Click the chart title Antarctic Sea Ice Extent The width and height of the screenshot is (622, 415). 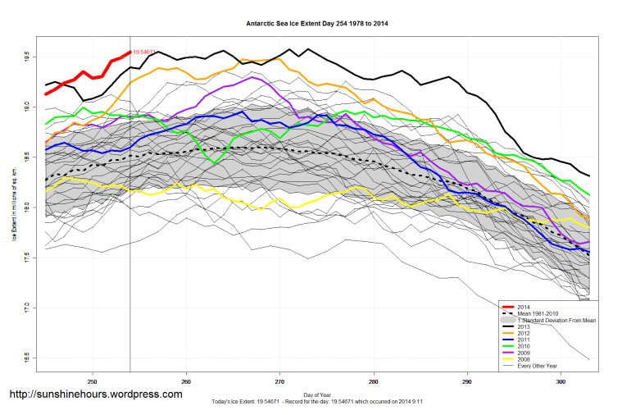point(317,24)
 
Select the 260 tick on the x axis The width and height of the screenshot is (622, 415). point(186,381)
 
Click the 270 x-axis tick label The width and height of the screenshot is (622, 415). point(279,381)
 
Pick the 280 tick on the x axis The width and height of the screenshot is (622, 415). point(374,381)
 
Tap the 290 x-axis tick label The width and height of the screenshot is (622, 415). point(467,381)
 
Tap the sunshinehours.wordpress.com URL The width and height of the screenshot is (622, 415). point(94,394)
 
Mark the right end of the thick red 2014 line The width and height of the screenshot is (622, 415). point(129,52)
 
